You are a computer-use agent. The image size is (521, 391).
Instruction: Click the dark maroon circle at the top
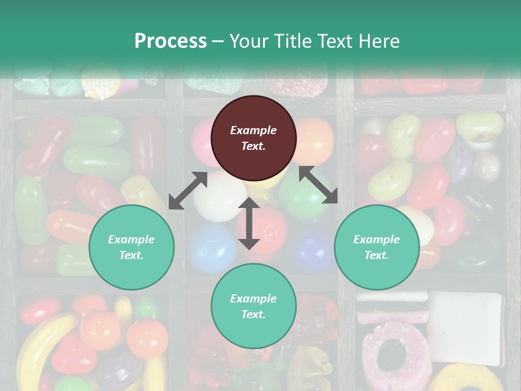[253, 138]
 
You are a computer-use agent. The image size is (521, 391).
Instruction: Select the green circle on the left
[131, 247]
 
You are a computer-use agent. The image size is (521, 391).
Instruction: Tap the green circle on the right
[377, 247]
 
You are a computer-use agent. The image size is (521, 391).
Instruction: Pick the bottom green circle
[253, 306]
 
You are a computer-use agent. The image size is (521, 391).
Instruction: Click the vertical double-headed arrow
[249, 223]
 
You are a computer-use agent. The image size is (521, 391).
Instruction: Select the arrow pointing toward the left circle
[188, 191]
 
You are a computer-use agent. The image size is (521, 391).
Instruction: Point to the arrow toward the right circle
[319, 185]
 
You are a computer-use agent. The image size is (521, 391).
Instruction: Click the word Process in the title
[170, 41]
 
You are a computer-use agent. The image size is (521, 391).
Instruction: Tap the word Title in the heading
[292, 41]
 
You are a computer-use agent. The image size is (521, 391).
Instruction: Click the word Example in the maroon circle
[253, 130]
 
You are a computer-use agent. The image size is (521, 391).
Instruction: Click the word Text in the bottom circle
[252, 314]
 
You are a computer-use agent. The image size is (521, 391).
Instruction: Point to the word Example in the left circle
[131, 239]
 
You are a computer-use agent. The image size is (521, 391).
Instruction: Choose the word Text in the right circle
[375, 255]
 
